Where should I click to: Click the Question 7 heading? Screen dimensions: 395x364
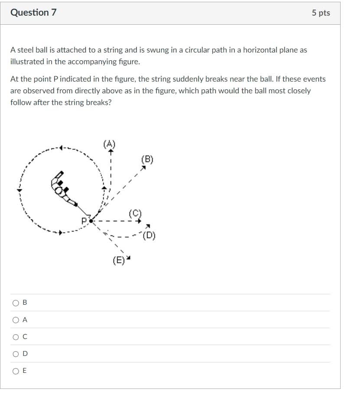[x=33, y=13]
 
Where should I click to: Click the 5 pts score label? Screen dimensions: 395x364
[x=321, y=13]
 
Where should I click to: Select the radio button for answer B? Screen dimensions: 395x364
[x=16, y=303]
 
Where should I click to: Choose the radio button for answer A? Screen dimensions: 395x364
[x=16, y=319]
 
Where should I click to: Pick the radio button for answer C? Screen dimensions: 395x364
[x=16, y=336]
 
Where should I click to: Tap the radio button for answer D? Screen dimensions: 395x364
[x=16, y=354]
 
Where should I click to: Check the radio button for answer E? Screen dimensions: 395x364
[x=16, y=371]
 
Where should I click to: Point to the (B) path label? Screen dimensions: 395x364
[x=147, y=159]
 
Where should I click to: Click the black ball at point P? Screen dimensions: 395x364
[x=91, y=221]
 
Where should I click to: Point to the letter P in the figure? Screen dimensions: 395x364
[x=84, y=220]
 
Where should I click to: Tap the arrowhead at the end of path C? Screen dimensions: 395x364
[x=140, y=221]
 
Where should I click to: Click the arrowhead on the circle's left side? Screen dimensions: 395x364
[x=19, y=189]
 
